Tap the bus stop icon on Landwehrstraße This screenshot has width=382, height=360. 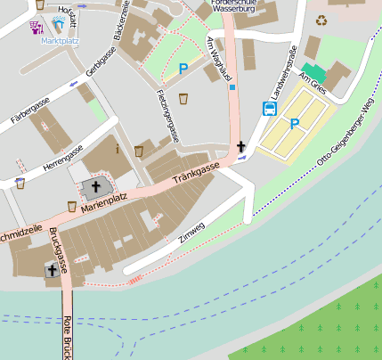269,109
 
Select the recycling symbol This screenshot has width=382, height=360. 321,20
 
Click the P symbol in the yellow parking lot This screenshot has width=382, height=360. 294,124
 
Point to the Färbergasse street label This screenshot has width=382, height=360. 30,112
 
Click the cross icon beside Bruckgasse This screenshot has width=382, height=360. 52,269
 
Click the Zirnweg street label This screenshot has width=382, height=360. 191,229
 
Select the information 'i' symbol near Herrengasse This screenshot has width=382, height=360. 117,149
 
